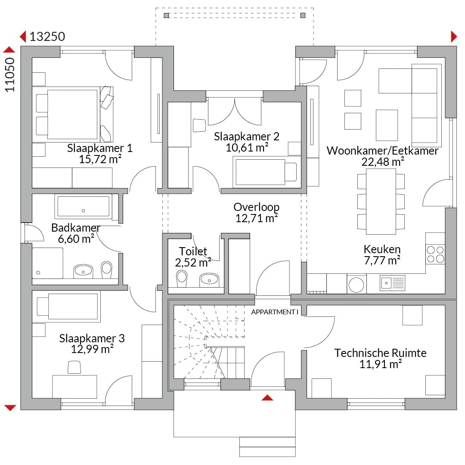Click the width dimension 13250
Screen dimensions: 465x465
pyautogui.click(x=47, y=37)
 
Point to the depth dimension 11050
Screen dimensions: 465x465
pyautogui.click(x=10, y=75)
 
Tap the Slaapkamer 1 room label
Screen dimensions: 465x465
pyautogui.click(x=99, y=148)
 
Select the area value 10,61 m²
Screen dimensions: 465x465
pyautogui.click(x=247, y=147)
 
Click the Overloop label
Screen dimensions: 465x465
pyautogui.click(x=257, y=207)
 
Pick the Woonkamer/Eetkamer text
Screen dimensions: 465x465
pyautogui.click(x=383, y=151)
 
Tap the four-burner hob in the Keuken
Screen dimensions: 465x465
pyautogui.click(x=435, y=254)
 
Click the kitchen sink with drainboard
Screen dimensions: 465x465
pyautogui.click(x=393, y=283)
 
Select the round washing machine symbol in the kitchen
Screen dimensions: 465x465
pyautogui.click(x=356, y=284)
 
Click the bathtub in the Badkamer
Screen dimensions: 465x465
pyautogui.click(x=84, y=206)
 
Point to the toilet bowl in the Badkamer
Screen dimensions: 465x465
pyautogui.click(x=106, y=269)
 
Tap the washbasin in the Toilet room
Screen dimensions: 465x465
pyautogui.click(x=209, y=280)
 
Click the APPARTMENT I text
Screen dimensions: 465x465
pyautogui.click(x=275, y=312)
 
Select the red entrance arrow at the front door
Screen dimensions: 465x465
pyautogui.click(x=267, y=398)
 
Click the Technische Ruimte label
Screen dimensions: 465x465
pyautogui.click(x=381, y=353)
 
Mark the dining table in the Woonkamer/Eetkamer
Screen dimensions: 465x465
pyautogui.click(x=381, y=201)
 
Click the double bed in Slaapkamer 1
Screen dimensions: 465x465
pyautogui.click(x=73, y=115)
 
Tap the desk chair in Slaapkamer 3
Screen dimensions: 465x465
pyautogui.click(x=74, y=367)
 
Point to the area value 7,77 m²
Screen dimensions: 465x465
pyautogui.click(x=382, y=260)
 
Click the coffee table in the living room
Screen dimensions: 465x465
pyautogui.click(x=387, y=125)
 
